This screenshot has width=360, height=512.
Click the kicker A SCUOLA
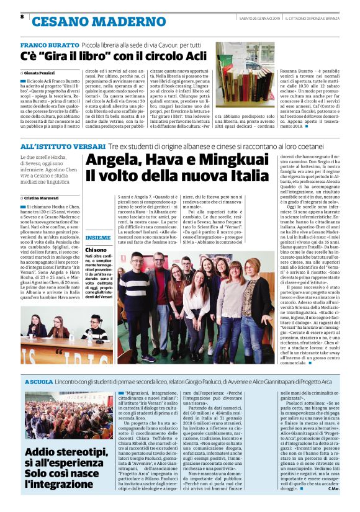point(38,380)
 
